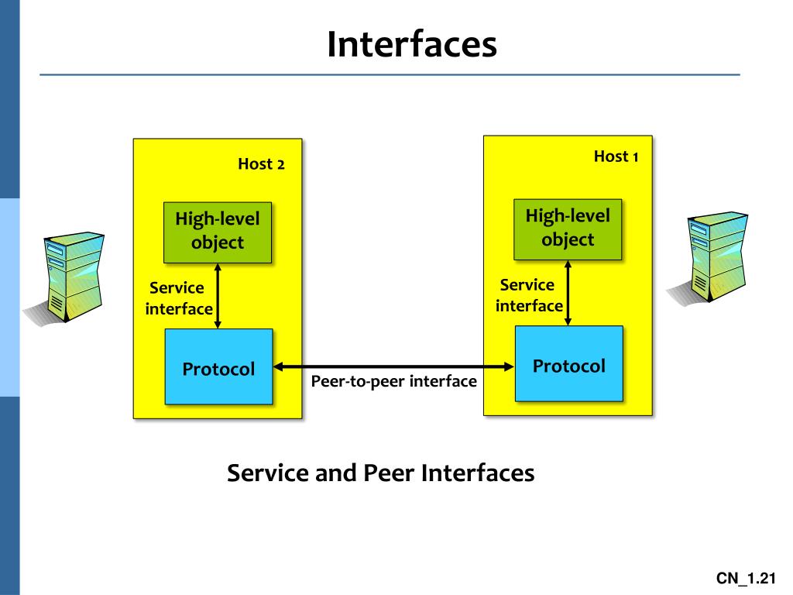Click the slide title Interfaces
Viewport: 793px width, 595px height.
pyautogui.click(x=411, y=44)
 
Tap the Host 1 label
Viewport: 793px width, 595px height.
pyautogui.click(x=616, y=156)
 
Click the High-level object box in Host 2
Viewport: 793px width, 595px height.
pyautogui.click(x=218, y=231)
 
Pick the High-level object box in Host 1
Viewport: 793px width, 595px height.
pyautogui.click(x=568, y=228)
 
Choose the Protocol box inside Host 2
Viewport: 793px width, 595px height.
pyautogui.click(x=218, y=368)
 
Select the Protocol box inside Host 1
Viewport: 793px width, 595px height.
pyautogui.click(x=569, y=365)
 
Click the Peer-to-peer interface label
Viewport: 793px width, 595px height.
pyautogui.click(x=394, y=381)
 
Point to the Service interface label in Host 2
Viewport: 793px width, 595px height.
pyautogui.click(x=178, y=298)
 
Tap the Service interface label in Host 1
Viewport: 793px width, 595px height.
pyautogui.click(x=529, y=295)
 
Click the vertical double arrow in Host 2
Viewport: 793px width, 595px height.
pyautogui.click(x=218, y=296)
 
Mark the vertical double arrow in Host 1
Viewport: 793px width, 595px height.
pyautogui.click(x=568, y=293)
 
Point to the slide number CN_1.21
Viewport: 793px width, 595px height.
pyautogui.click(x=745, y=579)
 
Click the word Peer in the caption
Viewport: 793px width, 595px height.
pyautogui.click(x=389, y=473)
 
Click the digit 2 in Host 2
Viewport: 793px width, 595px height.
pyautogui.click(x=281, y=165)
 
